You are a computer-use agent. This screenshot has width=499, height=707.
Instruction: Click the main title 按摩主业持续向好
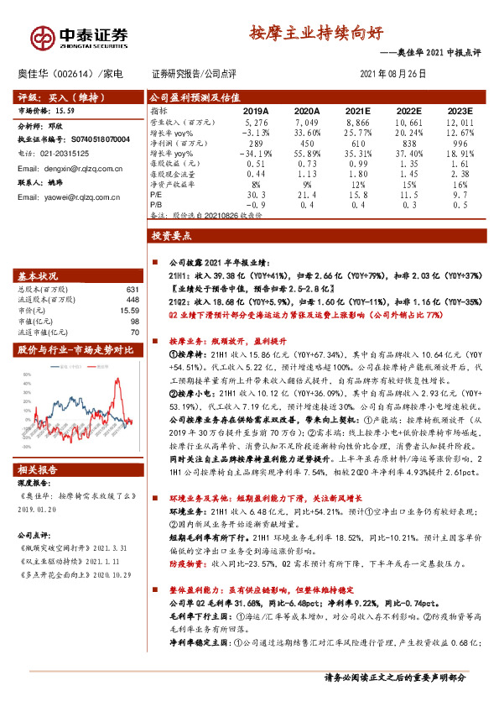point(316,34)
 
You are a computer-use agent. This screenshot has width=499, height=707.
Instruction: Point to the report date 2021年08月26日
point(392,74)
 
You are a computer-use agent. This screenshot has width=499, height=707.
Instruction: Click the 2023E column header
point(459,110)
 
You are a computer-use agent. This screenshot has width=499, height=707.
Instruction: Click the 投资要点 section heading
point(172,238)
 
